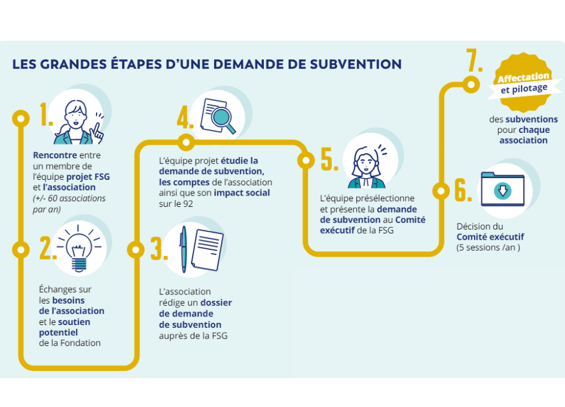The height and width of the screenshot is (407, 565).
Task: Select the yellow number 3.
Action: click(159, 248)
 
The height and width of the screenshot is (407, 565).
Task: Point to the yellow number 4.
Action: click(185, 118)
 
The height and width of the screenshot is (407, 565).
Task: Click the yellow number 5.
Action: click(329, 160)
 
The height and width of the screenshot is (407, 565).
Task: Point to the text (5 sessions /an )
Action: click(488, 248)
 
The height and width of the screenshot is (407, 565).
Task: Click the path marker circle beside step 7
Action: click(470, 85)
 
